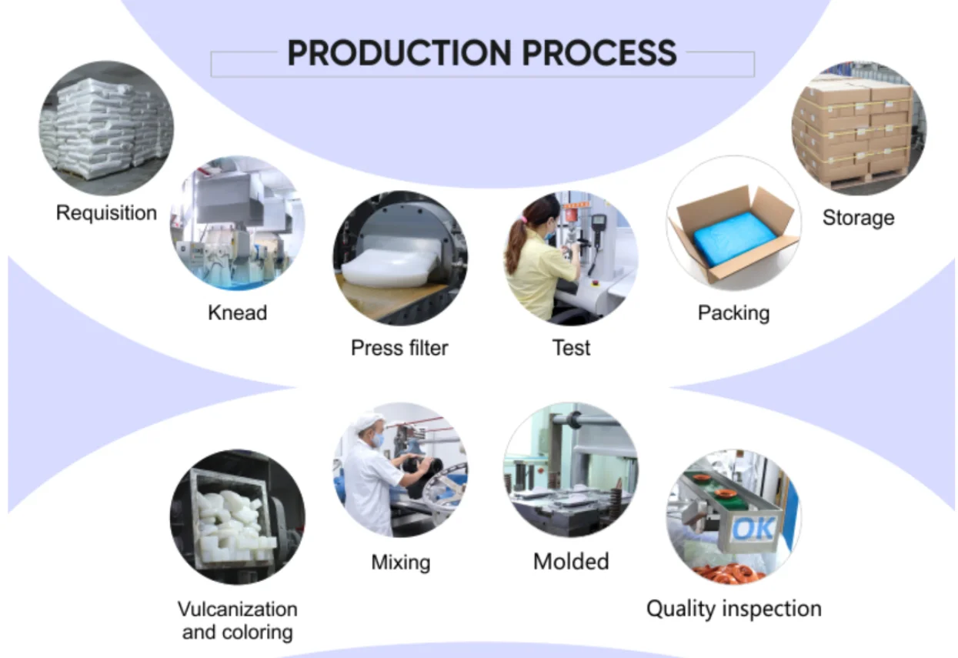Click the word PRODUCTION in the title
399,53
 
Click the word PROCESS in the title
599,53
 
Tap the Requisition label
106,213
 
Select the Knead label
237,312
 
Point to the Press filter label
399,348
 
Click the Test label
571,348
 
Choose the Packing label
734,313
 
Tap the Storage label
858,218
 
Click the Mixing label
401,562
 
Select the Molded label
571,561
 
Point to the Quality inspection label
734,610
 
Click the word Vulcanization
237,610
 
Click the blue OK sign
753,529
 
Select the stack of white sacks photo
106,129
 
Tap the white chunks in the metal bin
233,529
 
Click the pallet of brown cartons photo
858,129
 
